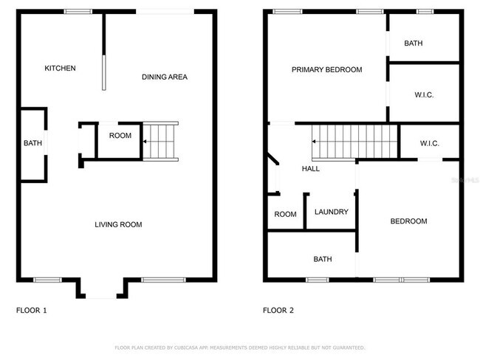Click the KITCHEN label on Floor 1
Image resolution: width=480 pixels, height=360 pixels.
tap(60, 69)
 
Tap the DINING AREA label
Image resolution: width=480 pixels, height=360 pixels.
tap(164, 77)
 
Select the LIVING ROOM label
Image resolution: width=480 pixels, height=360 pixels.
tap(118, 224)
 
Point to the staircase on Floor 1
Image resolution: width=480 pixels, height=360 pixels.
tap(161, 141)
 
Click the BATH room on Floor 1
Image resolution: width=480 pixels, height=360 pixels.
tap(32, 143)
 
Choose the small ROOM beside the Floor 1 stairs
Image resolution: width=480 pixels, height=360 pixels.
tap(120, 136)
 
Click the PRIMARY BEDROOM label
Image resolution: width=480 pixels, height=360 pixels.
tap(326, 69)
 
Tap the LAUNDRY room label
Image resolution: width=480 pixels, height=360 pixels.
tap(331, 212)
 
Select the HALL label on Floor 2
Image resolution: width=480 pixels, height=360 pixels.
tap(311, 169)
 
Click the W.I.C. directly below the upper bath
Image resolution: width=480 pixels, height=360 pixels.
tap(423, 94)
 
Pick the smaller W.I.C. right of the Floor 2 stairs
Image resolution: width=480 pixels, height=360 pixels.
tap(430, 143)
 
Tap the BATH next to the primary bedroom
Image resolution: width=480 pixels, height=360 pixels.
tap(414, 44)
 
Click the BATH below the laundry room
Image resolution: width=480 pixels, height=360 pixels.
tap(323, 259)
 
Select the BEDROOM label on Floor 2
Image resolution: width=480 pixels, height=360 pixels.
tap(408, 221)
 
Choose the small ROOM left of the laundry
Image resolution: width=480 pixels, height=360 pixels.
tap(285, 215)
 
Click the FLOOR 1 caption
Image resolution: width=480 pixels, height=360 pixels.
tap(31, 311)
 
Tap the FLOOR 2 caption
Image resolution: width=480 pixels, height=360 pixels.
tap(278, 311)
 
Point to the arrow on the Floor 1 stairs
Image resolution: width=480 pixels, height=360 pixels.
tap(147, 140)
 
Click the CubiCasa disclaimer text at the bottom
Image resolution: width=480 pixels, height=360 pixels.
tap(239, 347)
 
